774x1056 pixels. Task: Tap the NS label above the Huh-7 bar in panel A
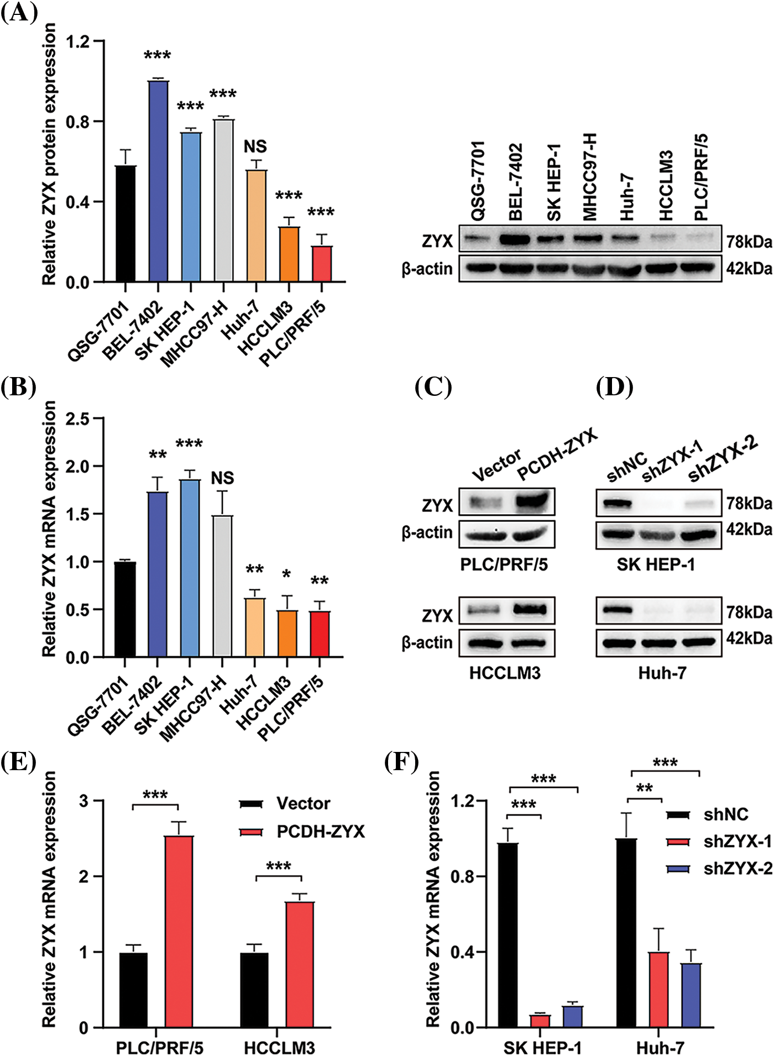255,147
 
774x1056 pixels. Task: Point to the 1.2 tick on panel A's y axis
77,41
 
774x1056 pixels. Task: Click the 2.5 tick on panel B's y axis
77,419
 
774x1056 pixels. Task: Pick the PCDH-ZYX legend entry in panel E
320,832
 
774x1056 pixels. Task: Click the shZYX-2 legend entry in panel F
737,869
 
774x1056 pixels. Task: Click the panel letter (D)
614,387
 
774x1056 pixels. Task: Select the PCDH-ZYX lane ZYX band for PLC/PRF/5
532,501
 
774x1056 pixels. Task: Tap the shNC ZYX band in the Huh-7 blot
616,610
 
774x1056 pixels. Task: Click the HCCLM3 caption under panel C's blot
505,673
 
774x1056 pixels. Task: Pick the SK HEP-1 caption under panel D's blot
656,564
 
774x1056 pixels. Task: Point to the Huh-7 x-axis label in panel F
660,1047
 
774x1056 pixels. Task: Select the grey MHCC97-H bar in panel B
222,586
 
